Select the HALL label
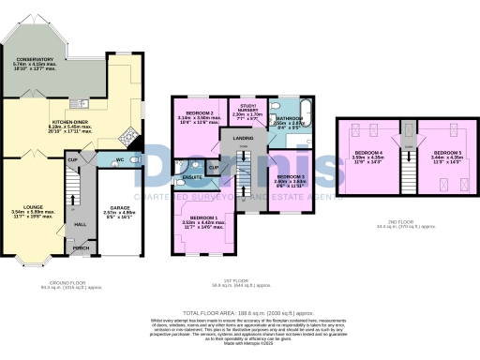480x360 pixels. tap(81, 223)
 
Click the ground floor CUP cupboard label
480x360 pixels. tap(72, 161)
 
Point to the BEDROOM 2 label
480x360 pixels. tap(199, 113)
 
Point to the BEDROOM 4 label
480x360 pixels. tap(367, 152)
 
